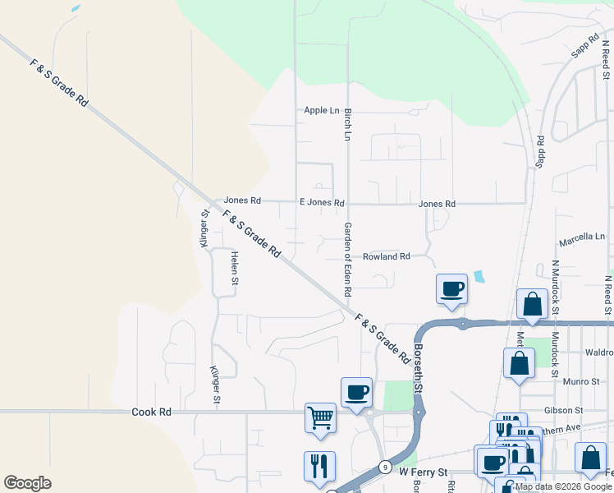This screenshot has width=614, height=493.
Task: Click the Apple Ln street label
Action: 321,110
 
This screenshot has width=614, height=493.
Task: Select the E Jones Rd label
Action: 322,202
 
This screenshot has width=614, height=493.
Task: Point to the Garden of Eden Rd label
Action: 348,259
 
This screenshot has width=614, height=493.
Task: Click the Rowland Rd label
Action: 387,257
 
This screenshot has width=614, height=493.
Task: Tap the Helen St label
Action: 235,268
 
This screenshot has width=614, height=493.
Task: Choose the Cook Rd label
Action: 151,412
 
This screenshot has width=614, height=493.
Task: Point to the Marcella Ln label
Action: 581,237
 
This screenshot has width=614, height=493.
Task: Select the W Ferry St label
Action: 424,472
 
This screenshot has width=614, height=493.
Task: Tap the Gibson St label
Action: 563,409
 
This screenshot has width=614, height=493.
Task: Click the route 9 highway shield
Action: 385,467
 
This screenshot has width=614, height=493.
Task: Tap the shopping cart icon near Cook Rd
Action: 320,417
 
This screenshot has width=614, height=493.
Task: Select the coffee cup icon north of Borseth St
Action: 452,288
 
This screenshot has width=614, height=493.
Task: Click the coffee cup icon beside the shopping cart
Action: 356,392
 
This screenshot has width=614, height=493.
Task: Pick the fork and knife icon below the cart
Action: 319,466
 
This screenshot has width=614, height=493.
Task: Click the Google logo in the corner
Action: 27,483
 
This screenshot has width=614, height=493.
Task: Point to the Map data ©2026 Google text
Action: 564,486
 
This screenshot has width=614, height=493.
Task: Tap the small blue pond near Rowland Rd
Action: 479,277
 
